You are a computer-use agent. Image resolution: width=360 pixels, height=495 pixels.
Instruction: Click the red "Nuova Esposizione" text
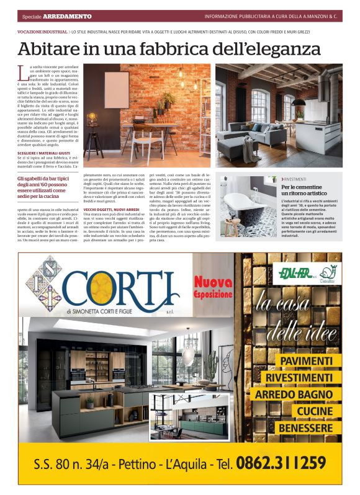213,287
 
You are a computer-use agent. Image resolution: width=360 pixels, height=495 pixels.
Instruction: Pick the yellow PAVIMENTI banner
306,360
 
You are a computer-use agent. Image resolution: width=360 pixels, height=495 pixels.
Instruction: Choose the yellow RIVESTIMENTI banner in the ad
299,377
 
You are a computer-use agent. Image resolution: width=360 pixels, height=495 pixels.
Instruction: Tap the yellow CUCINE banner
315,411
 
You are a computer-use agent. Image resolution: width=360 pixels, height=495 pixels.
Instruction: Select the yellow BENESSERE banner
306,427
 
